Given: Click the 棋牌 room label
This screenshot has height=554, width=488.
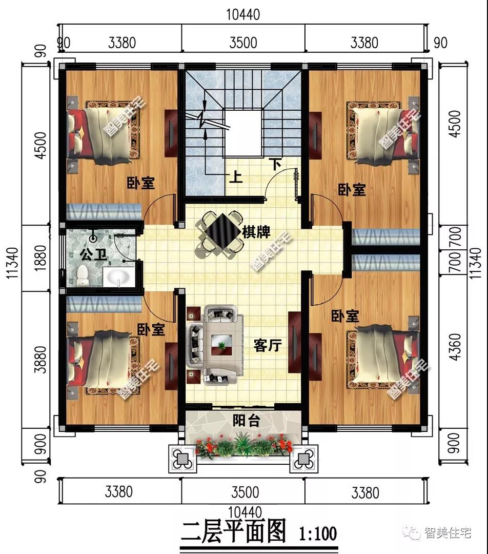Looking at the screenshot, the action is coord(256,232).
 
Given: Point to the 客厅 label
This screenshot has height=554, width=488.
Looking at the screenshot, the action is coord(268,345).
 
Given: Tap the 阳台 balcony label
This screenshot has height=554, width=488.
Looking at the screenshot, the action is coord(247,421).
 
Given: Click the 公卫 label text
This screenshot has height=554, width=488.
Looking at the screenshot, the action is coord(93,254).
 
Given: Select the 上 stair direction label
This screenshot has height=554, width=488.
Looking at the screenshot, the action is coord(235,176).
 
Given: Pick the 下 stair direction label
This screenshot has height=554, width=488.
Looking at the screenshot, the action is coord(275,164).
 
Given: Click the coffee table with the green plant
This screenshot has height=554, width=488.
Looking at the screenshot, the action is coord(221,345).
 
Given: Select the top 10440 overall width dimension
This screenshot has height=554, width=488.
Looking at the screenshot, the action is coord(243,14).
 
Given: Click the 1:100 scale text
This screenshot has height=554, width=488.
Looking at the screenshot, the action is coord(318,533).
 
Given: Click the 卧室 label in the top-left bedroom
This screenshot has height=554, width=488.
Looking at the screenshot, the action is coord(141,183).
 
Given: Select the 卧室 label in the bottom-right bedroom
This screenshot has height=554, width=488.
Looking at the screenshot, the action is coord(345,316).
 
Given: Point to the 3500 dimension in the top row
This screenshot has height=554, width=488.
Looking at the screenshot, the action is coord(243,43).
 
